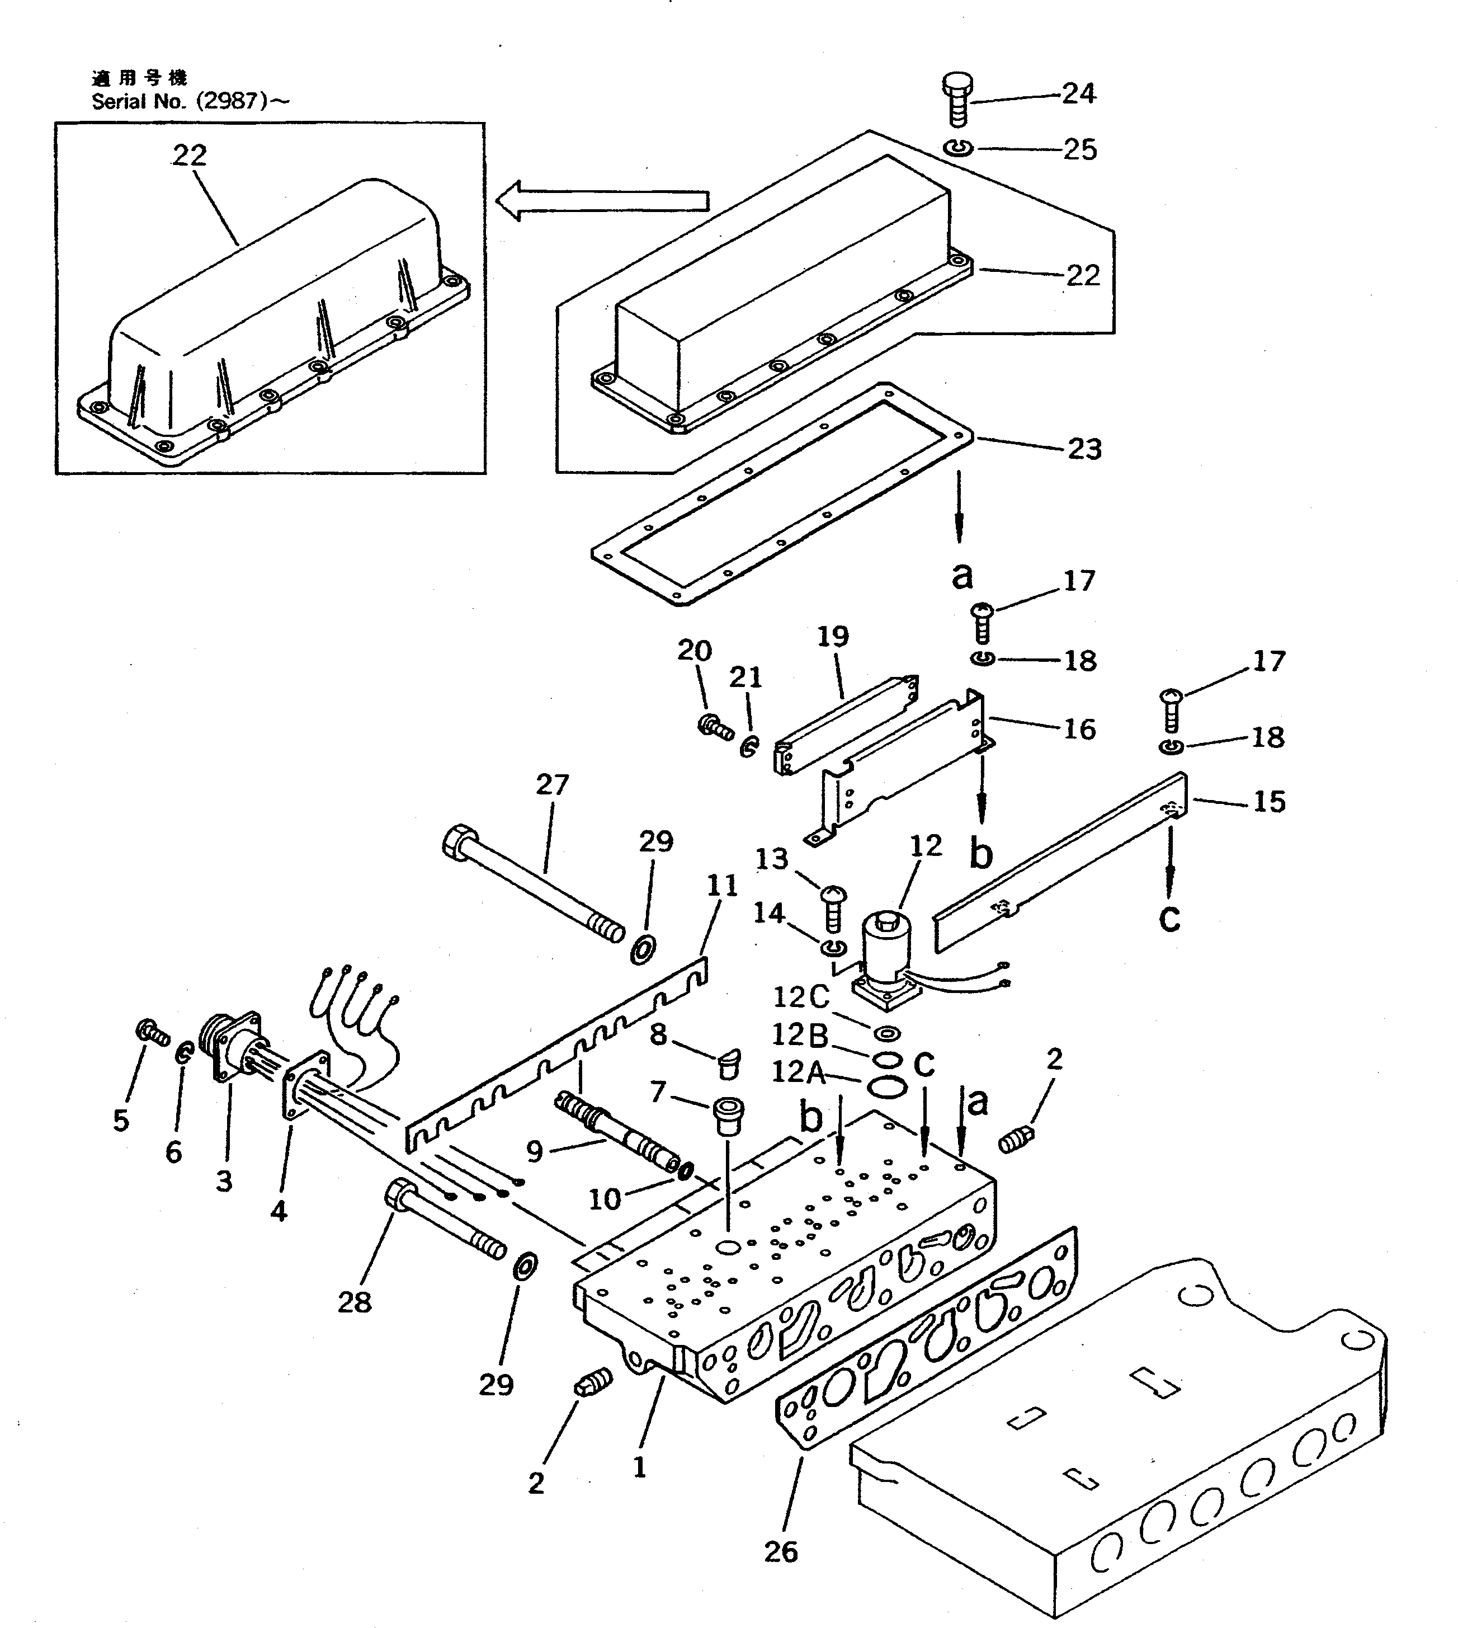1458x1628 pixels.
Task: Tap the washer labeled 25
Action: (x=958, y=148)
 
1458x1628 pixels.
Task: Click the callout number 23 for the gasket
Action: (x=1084, y=449)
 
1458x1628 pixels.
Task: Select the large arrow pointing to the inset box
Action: (x=602, y=200)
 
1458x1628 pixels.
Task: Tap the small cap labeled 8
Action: (x=729, y=1062)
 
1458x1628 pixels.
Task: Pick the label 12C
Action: (x=801, y=997)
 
